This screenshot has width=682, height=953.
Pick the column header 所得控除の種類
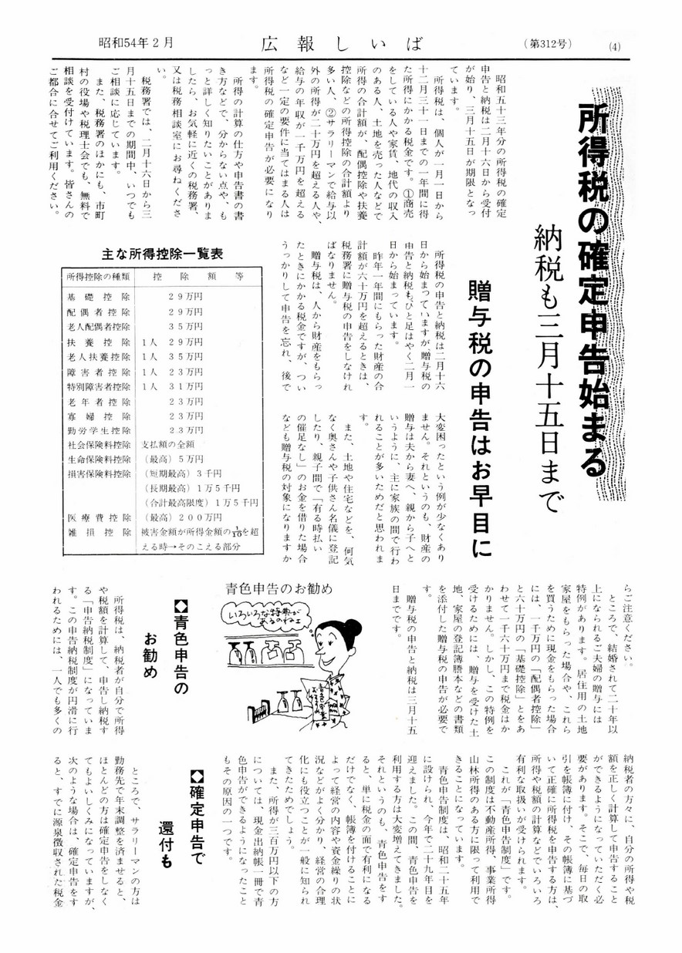(x=98, y=275)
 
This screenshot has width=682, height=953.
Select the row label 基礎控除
(x=98, y=296)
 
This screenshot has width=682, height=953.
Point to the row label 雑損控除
(x=98, y=533)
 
